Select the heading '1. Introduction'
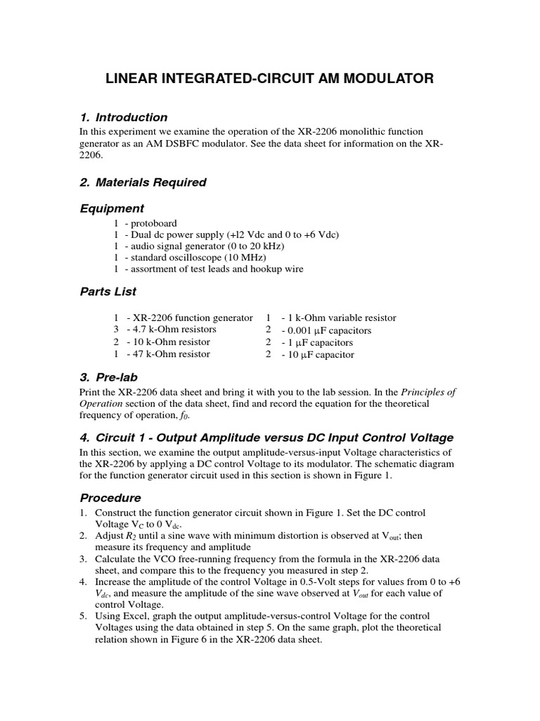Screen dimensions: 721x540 pos(123,118)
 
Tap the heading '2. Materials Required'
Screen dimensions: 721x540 pos(143,182)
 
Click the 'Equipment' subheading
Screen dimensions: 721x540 pos(112,208)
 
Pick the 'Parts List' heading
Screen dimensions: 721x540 pos(108,291)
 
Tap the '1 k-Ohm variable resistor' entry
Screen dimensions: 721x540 pos(339,318)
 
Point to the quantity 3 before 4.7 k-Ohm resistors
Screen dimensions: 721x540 pos(116,330)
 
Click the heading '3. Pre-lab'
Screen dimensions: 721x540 pos(108,377)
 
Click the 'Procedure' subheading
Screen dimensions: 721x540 pos(110,498)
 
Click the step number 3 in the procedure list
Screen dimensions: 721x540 pos(82,558)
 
